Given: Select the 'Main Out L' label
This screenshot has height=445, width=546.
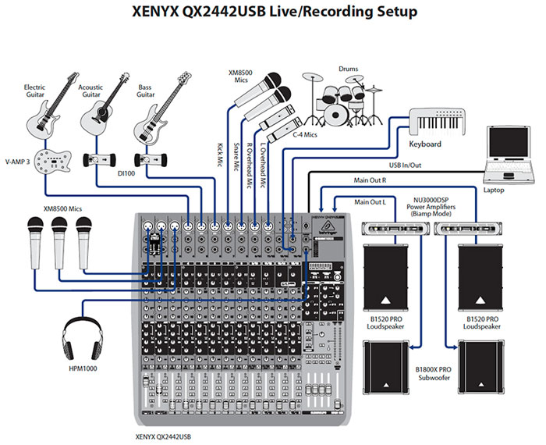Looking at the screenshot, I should [371, 202].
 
